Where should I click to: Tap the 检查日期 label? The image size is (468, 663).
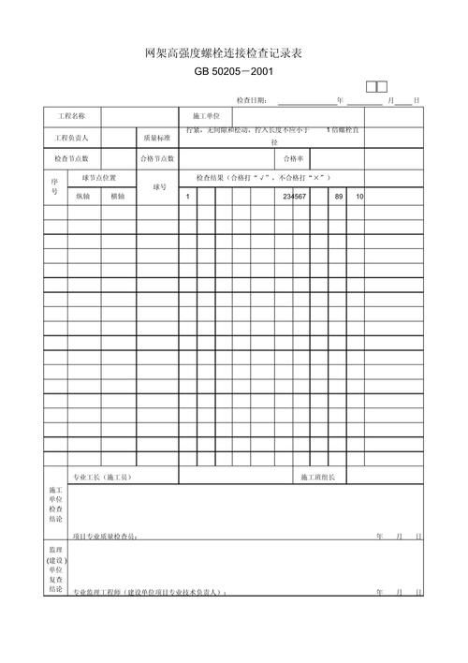tap(252, 99)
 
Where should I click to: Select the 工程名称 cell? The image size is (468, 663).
tap(72, 116)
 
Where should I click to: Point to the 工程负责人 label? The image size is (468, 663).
tap(72, 138)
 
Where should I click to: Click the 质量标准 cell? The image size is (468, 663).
tap(156, 138)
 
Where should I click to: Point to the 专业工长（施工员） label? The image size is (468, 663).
tap(103, 478)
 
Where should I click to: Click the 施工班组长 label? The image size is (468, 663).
tap(324, 478)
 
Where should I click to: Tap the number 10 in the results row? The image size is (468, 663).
tap(359, 197)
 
